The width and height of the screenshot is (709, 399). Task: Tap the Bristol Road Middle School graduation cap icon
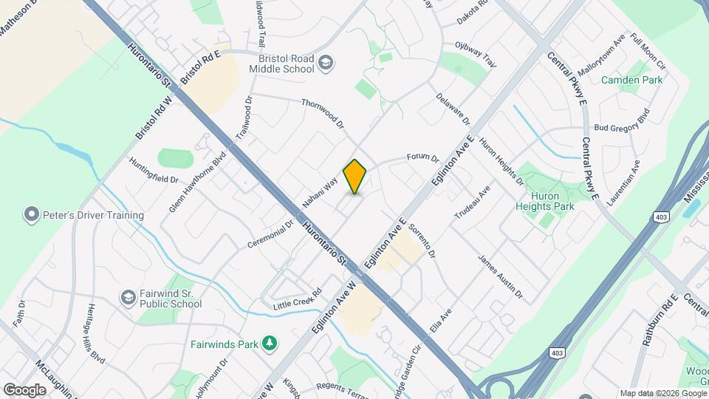point(326,64)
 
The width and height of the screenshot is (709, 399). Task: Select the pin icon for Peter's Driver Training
point(31,215)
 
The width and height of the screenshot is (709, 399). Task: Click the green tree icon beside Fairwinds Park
point(270,343)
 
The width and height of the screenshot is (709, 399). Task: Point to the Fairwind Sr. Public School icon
point(128,297)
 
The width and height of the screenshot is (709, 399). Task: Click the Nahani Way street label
point(320,191)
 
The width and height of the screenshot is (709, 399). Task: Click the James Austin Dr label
point(500,278)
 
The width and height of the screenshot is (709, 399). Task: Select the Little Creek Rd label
point(298,299)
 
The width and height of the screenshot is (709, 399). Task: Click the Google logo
point(24,389)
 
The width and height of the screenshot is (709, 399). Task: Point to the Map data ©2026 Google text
point(662,393)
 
